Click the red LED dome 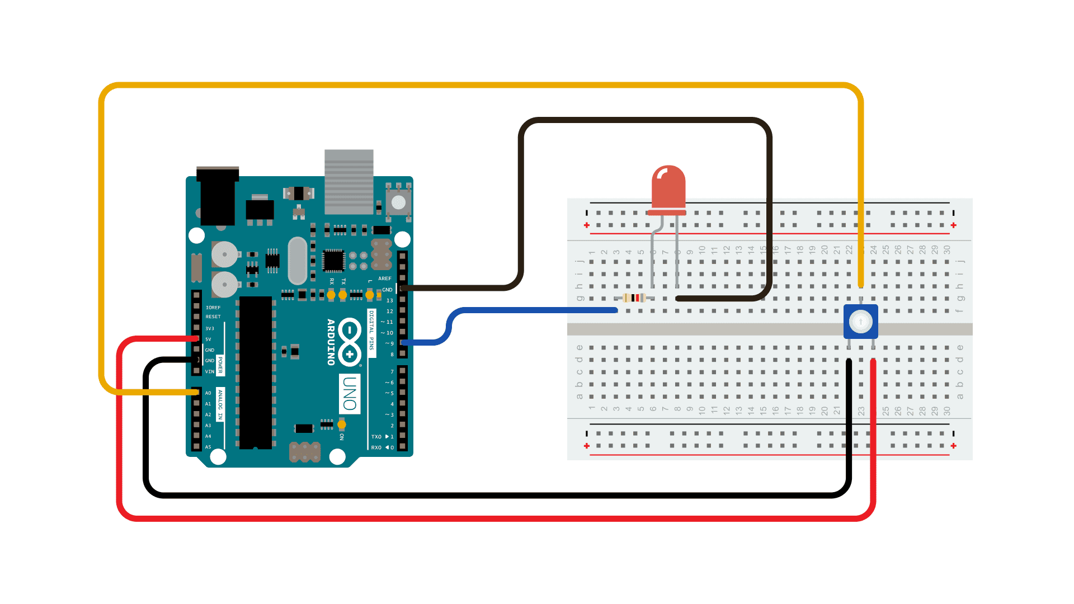[x=668, y=187]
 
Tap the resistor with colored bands [x=635, y=298]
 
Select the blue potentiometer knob [x=860, y=322]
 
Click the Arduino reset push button [x=398, y=202]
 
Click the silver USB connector [x=349, y=182]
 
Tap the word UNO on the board [x=350, y=393]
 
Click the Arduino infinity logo [x=350, y=342]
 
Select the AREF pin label [x=385, y=279]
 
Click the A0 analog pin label [x=208, y=393]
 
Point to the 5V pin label [x=208, y=339]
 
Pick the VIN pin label [x=209, y=371]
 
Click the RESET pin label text [x=213, y=317]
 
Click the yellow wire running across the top [x=481, y=85]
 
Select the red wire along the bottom [x=492, y=518]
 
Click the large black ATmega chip [x=256, y=372]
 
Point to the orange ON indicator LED [x=342, y=425]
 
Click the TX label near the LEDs [x=343, y=281]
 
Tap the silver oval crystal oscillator [x=298, y=260]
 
